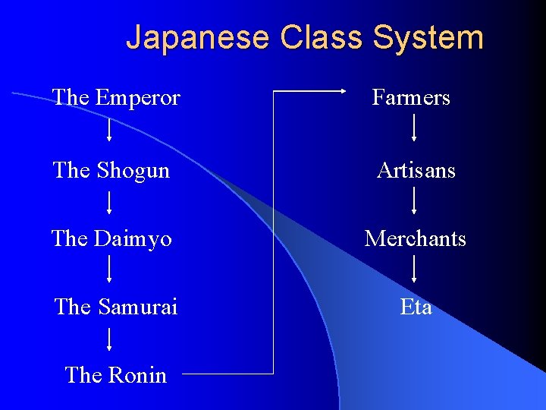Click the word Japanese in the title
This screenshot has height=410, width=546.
pos(198,37)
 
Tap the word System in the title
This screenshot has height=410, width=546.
pos(428,37)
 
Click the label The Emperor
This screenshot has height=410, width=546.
pos(116,98)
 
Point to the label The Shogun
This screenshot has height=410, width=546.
pos(111,170)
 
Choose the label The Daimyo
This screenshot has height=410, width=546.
pos(111,238)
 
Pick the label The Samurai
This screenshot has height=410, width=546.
pos(116,307)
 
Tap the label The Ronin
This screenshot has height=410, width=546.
pos(115,374)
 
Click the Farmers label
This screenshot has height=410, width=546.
pos(411,98)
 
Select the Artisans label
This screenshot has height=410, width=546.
pos(416,170)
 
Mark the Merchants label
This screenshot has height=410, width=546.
pos(415,238)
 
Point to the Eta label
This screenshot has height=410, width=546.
pos(416,307)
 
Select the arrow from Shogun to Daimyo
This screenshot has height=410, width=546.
pos(110,202)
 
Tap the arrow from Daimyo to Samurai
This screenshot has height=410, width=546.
pos(110,269)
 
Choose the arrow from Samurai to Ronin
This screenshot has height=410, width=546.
pos(110,338)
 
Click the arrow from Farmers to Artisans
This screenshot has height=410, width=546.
pos(413,128)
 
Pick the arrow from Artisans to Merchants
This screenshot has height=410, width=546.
pos(414,200)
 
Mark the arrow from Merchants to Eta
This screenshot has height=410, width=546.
pos(414,269)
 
